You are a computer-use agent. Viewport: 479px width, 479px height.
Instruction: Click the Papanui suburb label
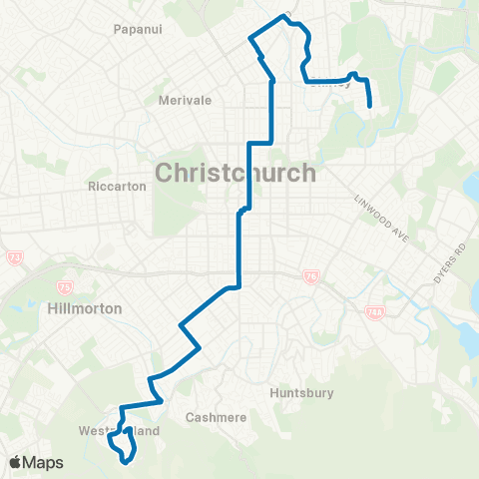(x=139, y=29)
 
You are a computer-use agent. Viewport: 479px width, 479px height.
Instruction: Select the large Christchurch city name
(x=236, y=174)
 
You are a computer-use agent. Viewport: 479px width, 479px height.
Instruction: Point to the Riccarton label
(x=118, y=186)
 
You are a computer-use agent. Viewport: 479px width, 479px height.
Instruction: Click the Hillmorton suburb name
(x=85, y=309)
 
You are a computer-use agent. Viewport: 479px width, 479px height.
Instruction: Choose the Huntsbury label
(x=302, y=393)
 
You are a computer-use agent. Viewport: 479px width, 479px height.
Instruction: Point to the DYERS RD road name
(x=445, y=261)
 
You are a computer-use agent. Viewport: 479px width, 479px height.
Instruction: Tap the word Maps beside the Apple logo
(x=45, y=462)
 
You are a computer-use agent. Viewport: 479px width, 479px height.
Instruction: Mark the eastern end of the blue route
(x=371, y=106)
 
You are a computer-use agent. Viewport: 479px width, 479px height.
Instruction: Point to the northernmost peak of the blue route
(x=284, y=17)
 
